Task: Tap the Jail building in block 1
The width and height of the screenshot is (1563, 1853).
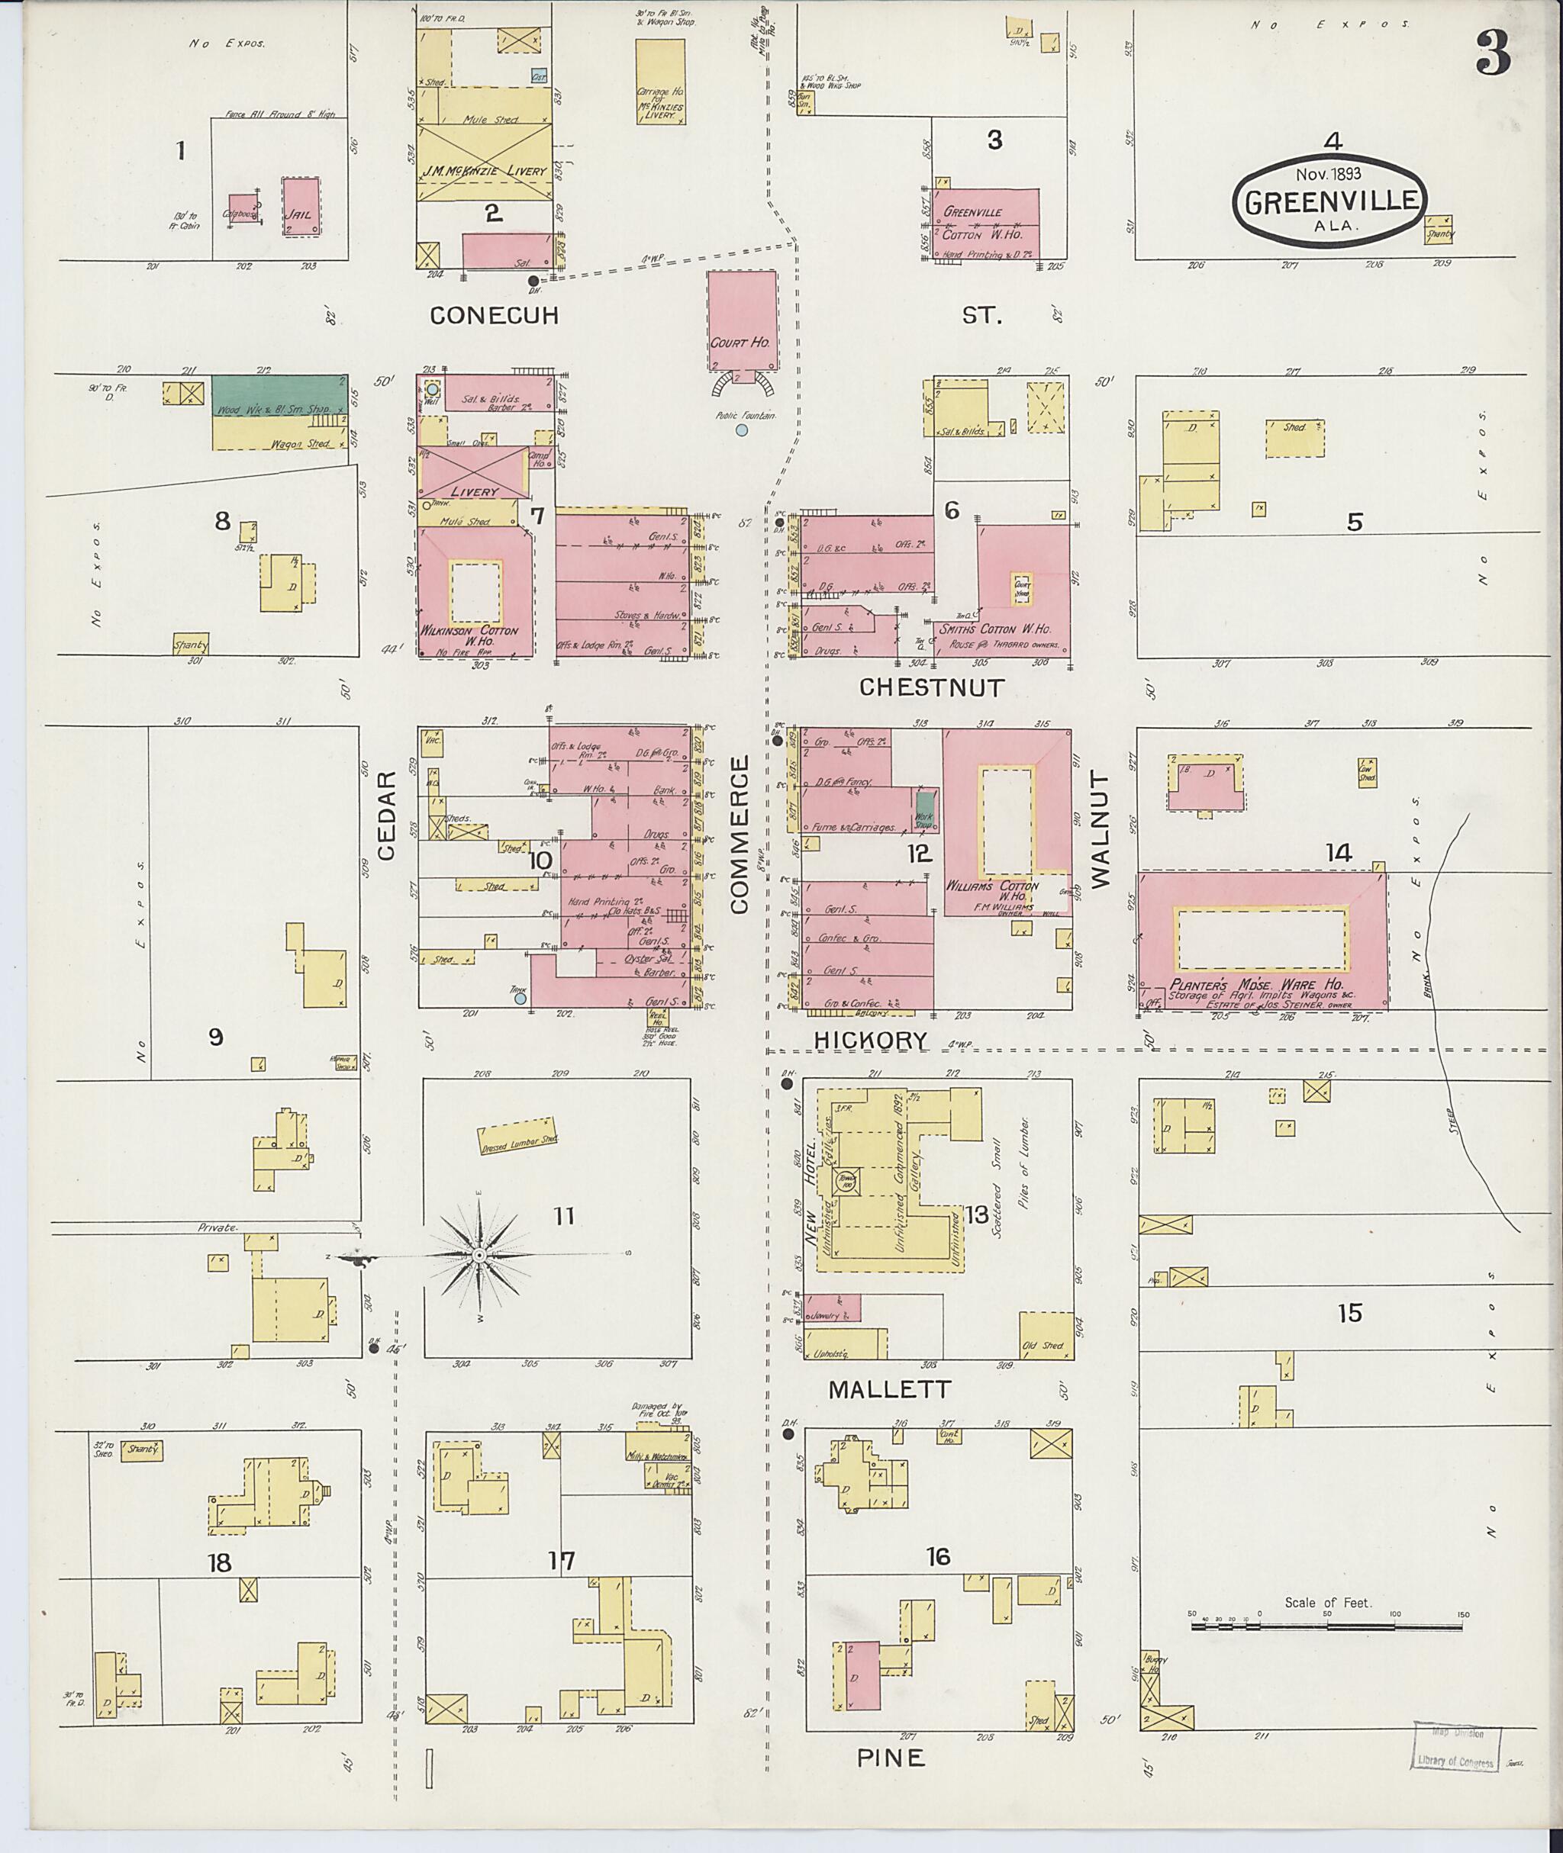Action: [301, 207]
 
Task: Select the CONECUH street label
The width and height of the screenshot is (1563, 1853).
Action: [494, 315]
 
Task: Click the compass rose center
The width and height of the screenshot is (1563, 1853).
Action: [479, 1255]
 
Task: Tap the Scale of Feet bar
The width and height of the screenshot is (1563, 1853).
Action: [1326, 1626]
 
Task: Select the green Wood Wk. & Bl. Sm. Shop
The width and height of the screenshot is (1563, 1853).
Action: [279, 395]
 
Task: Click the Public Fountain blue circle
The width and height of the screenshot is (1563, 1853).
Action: [741, 430]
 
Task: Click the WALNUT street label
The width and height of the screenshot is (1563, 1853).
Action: [1099, 829]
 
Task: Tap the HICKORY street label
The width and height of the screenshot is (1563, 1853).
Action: [871, 1041]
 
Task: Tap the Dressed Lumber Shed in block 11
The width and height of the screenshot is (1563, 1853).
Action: [517, 1137]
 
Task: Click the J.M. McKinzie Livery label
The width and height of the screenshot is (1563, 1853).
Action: [484, 170]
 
